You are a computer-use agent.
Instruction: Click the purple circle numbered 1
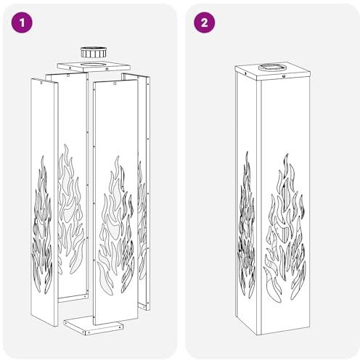pos(22,22)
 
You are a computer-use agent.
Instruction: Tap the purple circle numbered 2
pos(204,22)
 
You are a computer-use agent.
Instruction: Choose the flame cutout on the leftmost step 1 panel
pos(42,224)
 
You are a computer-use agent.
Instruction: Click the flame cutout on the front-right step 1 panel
pos(115,226)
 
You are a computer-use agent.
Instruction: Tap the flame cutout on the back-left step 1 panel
pos(71,209)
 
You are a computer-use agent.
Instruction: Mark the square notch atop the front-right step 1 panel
pos(115,83)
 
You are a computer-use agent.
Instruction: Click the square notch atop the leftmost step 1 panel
pos(42,82)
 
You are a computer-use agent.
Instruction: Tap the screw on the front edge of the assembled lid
pos(283,77)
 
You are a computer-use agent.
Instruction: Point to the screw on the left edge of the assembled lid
pos(245,73)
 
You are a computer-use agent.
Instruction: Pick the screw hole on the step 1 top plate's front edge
pos(107,69)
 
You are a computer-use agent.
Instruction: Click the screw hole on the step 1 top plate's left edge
pos(70,68)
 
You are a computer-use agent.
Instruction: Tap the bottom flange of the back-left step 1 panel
pos(73,298)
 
